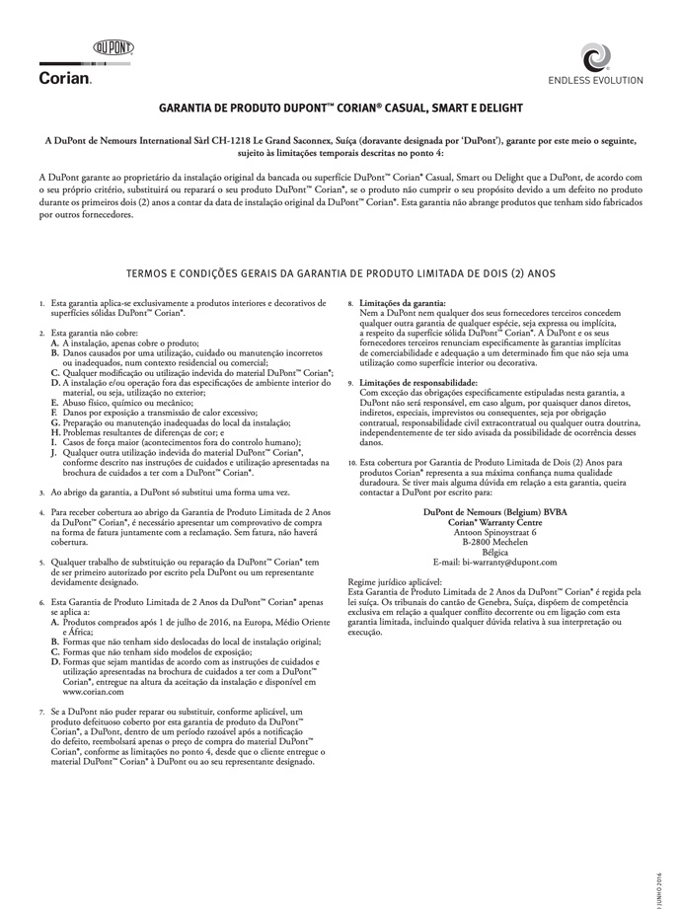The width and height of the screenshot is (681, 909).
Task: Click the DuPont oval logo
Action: (x=113, y=46)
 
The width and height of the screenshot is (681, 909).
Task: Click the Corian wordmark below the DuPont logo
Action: (x=65, y=76)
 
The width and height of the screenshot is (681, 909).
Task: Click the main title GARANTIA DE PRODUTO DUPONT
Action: (x=340, y=107)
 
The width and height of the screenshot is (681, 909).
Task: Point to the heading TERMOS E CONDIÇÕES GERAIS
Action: (x=340, y=271)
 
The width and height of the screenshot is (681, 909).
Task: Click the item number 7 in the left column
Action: (x=40, y=710)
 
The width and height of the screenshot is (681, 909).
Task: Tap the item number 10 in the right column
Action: (x=352, y=462)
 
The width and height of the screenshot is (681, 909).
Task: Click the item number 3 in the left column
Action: (x=40, y=491)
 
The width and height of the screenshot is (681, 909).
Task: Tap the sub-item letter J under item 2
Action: (x=55, y=452)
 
